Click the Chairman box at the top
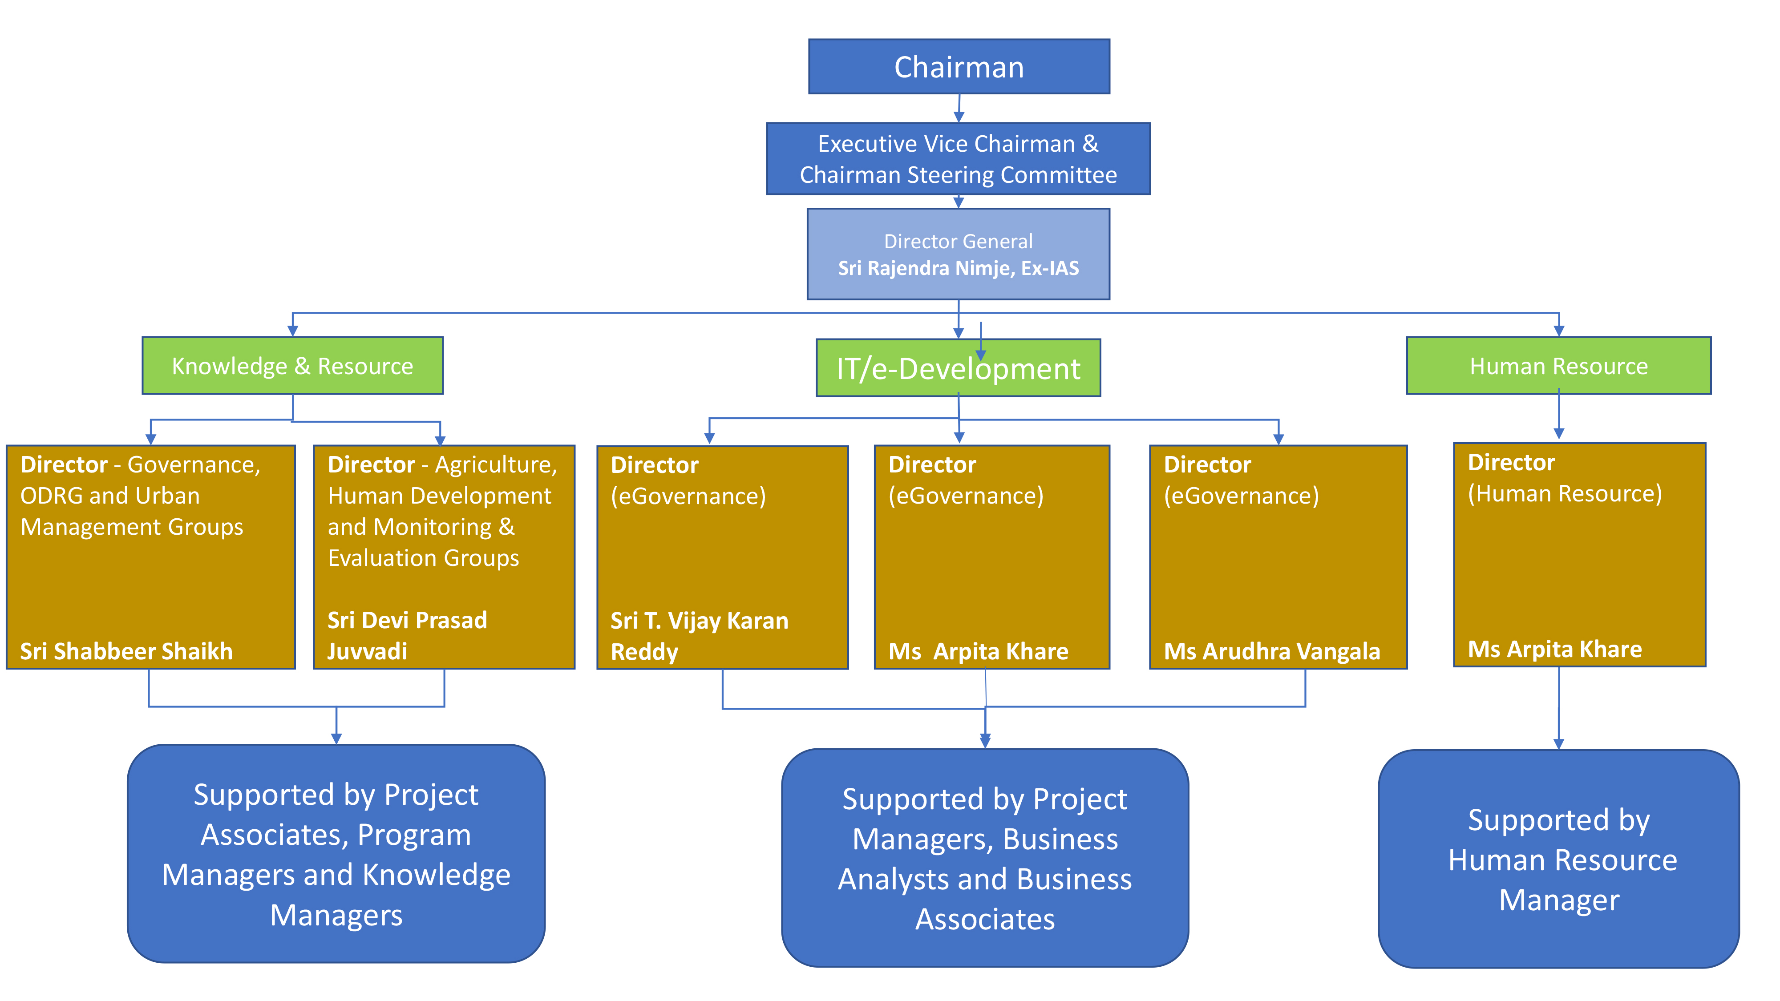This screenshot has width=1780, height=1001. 959,66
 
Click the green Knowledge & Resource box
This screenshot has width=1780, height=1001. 292,365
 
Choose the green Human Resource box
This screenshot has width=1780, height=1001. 1558,365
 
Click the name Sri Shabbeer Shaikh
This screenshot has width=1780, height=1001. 126,651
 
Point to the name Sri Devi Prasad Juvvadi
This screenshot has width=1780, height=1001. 407,636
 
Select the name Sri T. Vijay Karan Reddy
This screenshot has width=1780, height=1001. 699,636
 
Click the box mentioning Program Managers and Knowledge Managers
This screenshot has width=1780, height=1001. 336,853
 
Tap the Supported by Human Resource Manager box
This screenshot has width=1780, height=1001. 1558,859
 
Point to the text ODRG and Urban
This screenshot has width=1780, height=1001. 110,495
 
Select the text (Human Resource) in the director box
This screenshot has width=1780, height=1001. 1565,494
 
